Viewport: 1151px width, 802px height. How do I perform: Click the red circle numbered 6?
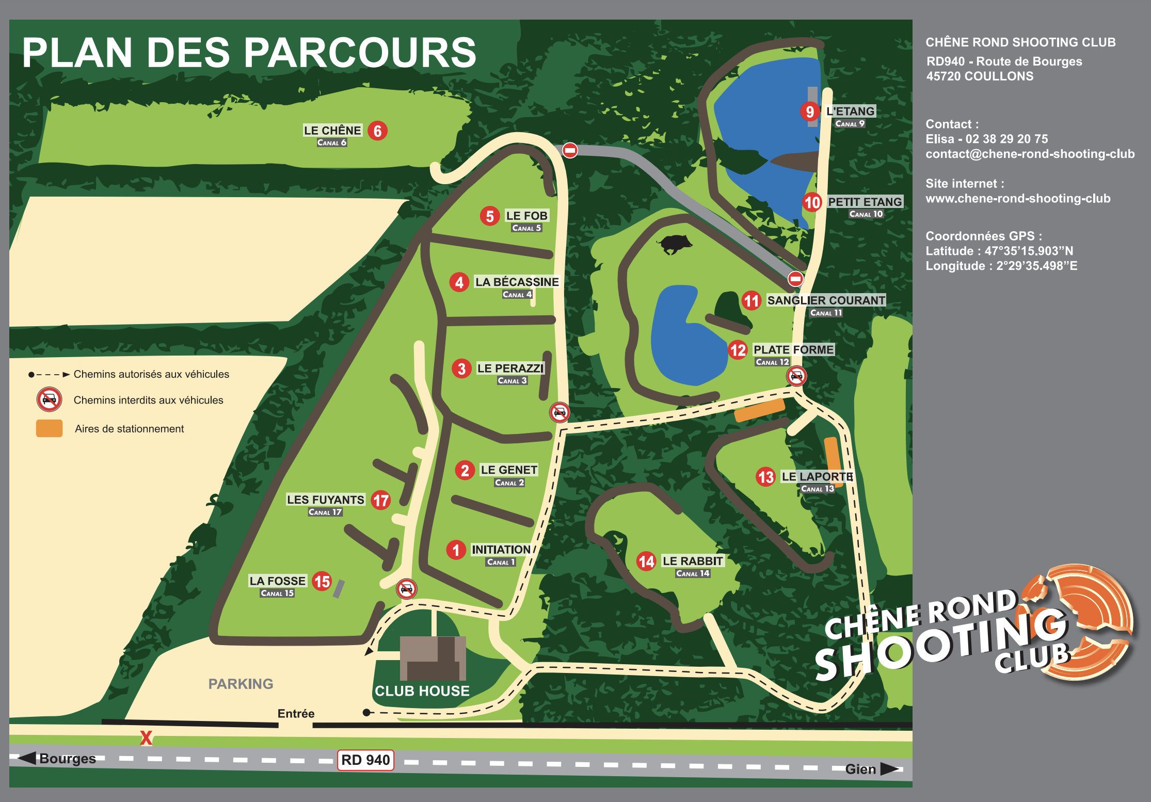click(x=377, y=131)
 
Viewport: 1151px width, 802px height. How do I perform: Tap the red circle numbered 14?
click(x=646, y=561)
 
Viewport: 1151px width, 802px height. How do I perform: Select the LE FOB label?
click(x=526, y=216)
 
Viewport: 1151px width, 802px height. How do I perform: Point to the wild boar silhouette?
click(x=675, y=243)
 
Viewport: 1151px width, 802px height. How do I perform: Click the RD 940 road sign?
click(x=365, y=760)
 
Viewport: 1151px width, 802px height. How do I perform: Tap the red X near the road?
click(x=146, y=738)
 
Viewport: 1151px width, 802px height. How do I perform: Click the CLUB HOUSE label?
click(x=422, y=691)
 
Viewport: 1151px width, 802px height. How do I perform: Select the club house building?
click(x=433, y=658)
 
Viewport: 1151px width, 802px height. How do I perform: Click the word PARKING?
click(x=241, y=684)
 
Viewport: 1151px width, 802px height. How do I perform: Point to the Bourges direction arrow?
click(x=27, y=758)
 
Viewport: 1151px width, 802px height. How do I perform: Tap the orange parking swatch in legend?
click(x=49, y=428)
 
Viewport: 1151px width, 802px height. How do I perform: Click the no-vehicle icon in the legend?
click(x=49, y=399)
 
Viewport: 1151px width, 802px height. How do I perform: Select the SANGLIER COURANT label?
click(x=826, y=300)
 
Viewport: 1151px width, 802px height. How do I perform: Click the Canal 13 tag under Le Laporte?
click(x=817, y=489)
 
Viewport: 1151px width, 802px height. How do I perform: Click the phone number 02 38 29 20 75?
click(x=1006, y=139)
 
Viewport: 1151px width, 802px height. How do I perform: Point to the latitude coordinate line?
click(x=999, y=251)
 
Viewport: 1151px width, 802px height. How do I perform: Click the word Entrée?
click(x=296, y=714)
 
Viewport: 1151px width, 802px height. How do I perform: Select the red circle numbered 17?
click(x=381, y=500)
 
